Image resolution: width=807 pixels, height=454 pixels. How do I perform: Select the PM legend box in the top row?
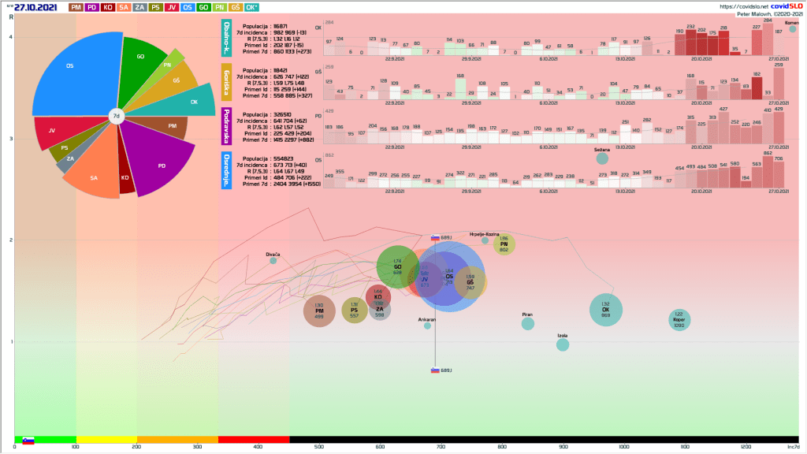coord(76,7)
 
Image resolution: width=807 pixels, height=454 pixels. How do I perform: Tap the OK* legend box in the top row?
coord(251,7)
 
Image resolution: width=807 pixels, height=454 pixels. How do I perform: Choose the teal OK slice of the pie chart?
coord(193,101)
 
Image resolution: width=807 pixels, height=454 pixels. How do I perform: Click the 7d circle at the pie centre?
coord(115,117)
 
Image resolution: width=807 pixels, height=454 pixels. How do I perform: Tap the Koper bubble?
coord(679,318)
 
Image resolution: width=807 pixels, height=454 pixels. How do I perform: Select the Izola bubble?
coord(563,344)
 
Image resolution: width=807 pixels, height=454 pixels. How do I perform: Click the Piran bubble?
coord(528,323)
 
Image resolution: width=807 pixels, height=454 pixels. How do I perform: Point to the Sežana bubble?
coord(602,158)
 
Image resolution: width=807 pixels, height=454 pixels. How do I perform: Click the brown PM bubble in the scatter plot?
coord(319,311)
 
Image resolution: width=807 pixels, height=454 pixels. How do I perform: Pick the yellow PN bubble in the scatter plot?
coord(504,244)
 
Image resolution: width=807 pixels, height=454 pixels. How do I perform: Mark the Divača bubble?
coord(273,260)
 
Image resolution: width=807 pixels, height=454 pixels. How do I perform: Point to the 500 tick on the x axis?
coord(319,447)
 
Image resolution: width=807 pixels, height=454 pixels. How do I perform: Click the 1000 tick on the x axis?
coord(624,447)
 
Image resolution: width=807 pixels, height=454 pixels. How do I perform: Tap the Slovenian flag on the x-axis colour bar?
coord(28,440)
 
